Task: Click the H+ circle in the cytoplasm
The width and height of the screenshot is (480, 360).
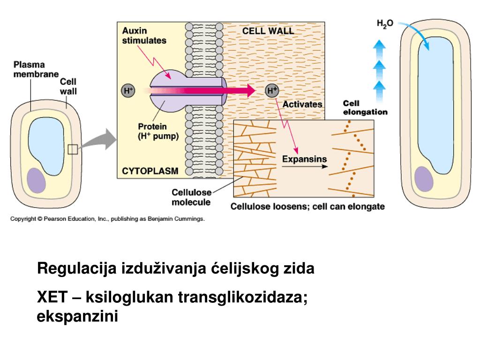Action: tap(128, 91)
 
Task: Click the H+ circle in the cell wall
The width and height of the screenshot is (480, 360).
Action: tap(272, 91)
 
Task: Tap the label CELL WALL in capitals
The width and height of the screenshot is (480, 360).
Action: tap(268, 31)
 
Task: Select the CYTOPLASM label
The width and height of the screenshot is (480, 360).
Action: tap(150, 171)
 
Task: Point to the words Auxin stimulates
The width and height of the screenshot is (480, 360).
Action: tap(144, 36)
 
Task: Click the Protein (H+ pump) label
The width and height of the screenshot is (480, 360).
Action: tap(158, 132)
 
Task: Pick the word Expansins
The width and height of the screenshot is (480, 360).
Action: tap(304, 159)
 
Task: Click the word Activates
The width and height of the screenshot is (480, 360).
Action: tap(302, 104)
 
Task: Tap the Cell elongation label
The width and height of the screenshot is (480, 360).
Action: tap(365, 107)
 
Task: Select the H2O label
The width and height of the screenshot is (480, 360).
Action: tap(385, 23)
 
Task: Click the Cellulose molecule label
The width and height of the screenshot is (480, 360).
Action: tap(191, 197)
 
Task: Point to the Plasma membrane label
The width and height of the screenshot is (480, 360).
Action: tap(36, 69)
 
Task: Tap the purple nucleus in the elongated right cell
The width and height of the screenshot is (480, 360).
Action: tap(424, 179)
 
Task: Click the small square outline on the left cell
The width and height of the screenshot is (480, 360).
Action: tap(73, 149)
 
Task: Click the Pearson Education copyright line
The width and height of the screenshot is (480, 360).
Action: tap(107, 219)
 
